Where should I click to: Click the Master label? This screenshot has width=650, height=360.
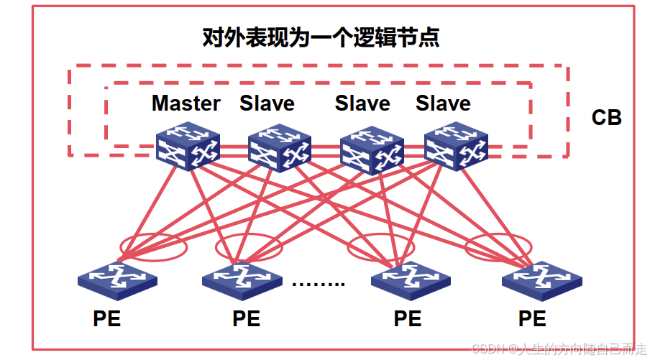coord(186,103)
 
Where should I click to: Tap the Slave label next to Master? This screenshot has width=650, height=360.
coord(267,103)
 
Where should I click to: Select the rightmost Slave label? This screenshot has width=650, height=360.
coord(443,103)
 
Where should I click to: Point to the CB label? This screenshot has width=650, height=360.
coord(606,117)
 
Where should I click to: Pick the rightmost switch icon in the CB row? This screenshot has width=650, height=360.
coord(456,147)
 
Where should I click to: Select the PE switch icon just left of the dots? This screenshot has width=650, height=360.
coord(241,280)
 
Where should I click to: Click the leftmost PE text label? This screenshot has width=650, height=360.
coord(106,318)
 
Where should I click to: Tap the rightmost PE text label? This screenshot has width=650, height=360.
coord(532,318)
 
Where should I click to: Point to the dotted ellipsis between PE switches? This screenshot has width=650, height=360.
coord(319,282)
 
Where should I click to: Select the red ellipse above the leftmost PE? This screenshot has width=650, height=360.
coord(153,246)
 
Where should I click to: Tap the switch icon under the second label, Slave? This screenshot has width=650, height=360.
coord(279,149)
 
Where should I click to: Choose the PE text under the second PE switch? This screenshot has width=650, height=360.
coord(247,318)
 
